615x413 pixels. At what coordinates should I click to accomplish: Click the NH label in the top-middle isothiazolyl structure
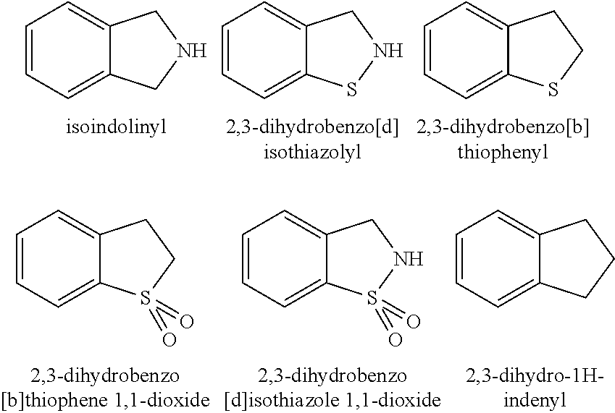click(388, 51)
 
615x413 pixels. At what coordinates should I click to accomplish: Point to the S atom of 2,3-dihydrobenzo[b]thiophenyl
click(553, 90)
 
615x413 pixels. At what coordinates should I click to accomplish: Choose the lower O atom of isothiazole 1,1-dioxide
click(396, 340)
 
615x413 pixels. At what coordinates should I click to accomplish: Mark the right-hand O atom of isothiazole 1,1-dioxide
click(414, 322)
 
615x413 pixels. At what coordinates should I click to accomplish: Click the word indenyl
click(536, 400)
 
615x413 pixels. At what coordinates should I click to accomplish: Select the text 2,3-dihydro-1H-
click(536, 376)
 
